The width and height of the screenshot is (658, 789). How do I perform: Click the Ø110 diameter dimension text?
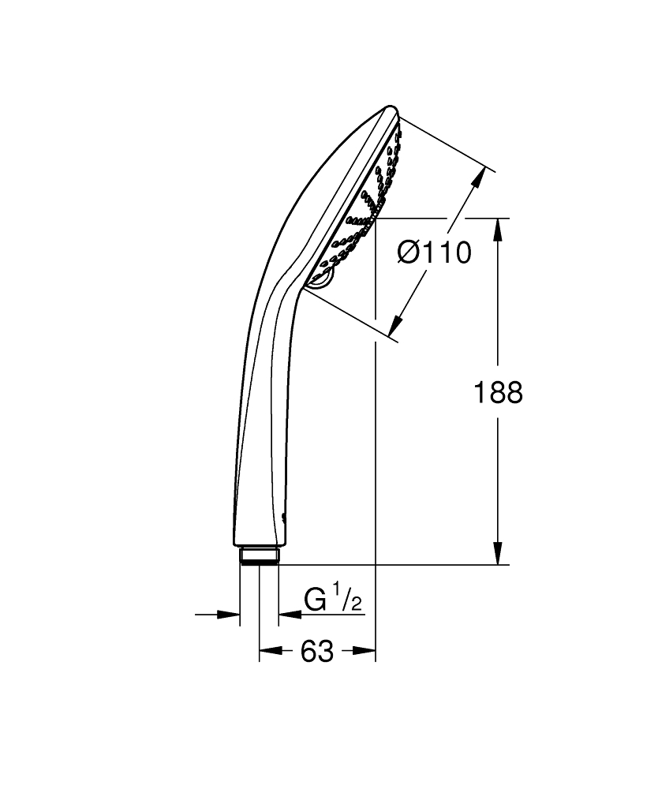[x=435, y=253]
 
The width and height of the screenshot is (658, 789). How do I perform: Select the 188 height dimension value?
[x=498, y=392]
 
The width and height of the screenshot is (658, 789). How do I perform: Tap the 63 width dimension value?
[x=317, y=652]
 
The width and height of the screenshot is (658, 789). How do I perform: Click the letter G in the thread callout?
[x=316, y=600]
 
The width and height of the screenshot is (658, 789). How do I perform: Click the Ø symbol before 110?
[x=409, y=253]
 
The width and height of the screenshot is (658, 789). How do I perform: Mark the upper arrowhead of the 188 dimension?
[x=497, y=228]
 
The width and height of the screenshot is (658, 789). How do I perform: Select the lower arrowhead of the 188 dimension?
[x=497, y=555]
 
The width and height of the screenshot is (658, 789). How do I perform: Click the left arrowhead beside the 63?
[x=269, y=652]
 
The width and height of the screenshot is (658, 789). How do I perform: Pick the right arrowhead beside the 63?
[x=365, y=652]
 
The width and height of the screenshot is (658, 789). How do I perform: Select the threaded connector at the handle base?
[x=259, y=555]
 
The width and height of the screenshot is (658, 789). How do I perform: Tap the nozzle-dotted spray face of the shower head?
[x=369, y=205]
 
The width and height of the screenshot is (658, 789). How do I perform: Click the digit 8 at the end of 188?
[x=514, y=392]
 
